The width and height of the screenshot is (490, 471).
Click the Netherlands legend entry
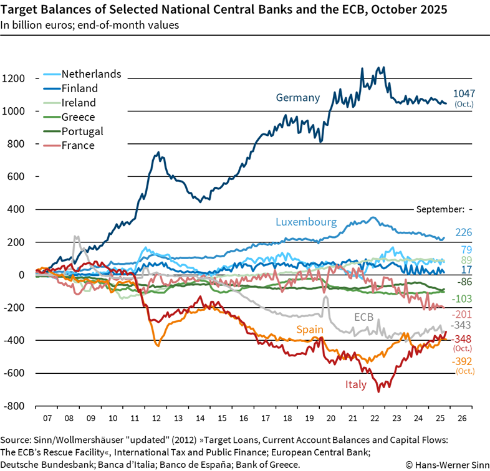click(x=91, y=74)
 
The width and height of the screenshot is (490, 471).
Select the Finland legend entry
click(x=79, y=88)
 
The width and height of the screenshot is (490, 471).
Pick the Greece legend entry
click(x=78, y=117)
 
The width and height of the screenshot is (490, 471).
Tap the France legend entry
click(x=78, y=146)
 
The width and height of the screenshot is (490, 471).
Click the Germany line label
click(x=298, y=98)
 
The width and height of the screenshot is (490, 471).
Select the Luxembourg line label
click(x=306, y=222)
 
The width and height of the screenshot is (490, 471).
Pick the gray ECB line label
click(x=363, y=317)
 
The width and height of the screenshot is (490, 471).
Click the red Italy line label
click(x=356, y=384)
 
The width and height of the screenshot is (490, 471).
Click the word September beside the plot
click(x=440, y=209)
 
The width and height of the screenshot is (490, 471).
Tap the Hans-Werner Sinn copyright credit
click(x=444, y=465)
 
